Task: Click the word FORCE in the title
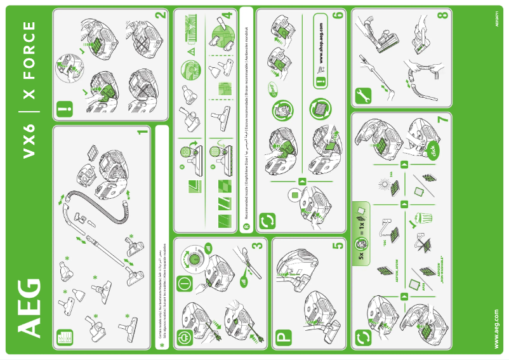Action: (x=29, y=61)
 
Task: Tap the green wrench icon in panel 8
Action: (x=361, y=95)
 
